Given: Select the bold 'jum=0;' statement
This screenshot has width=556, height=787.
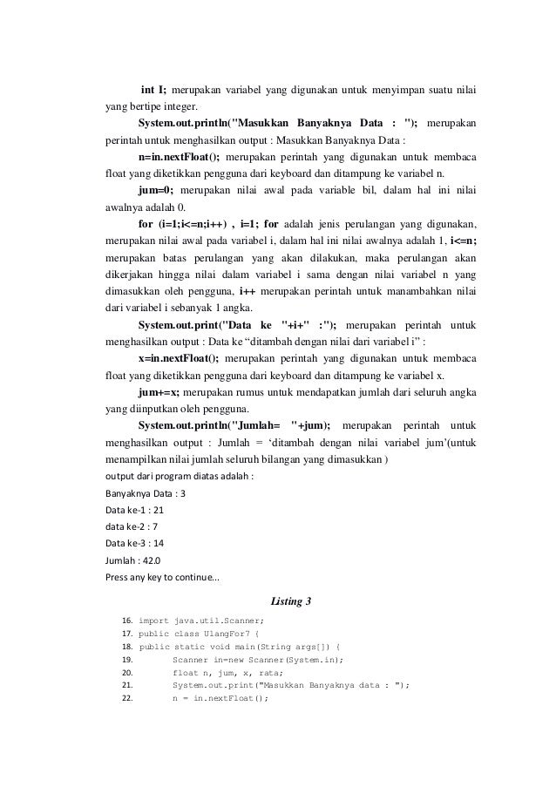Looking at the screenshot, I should click(156, 189).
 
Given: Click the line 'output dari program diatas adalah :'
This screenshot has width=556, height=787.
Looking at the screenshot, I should click(180, 477).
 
